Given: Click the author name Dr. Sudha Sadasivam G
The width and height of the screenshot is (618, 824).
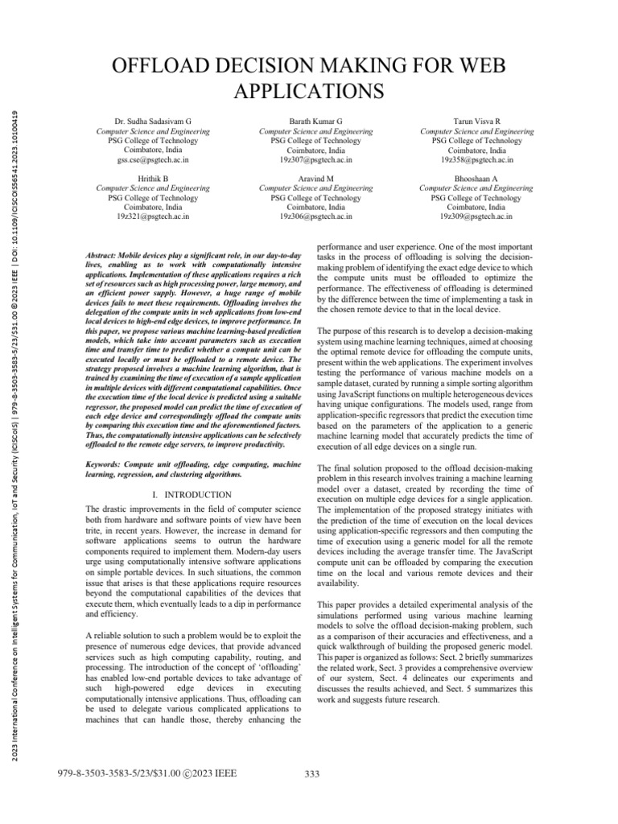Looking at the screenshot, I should (x=153, y=118).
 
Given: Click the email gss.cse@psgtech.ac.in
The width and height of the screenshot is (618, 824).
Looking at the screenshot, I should (x=153, y=160).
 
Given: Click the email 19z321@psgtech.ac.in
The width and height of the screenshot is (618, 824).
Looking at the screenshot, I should (x=153, y=217).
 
